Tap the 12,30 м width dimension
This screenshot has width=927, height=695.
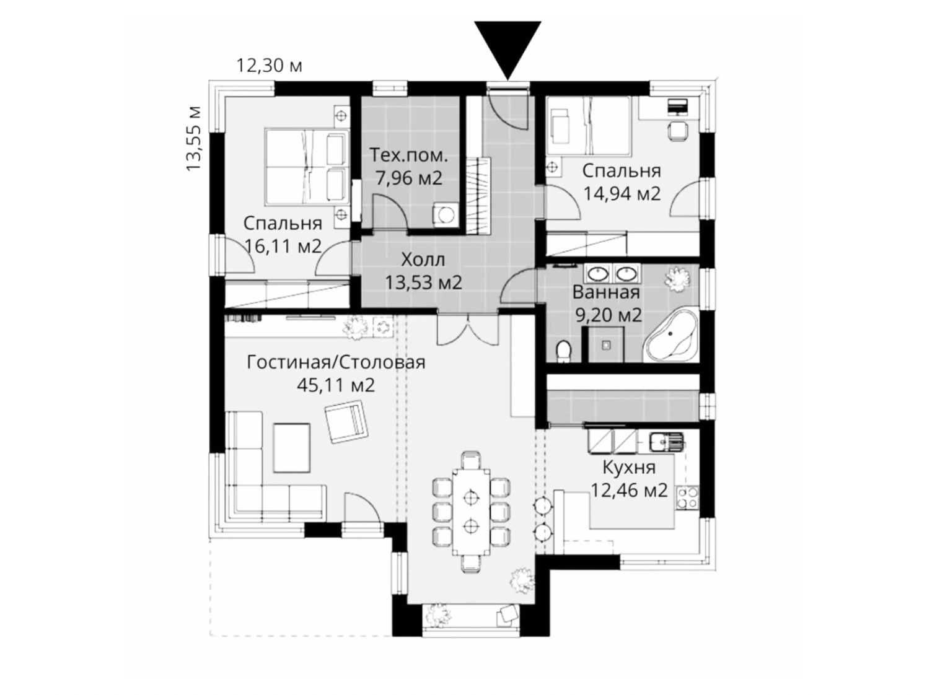click(x=268, y=66)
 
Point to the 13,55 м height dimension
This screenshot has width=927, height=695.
click(x=193, y=138)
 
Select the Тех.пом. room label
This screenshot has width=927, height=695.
click(x=408, y=155)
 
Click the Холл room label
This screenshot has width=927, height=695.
click(x=423, y=260)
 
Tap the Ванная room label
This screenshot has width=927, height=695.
click(x=606, y=292)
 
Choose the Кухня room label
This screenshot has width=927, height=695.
click(x=629, y=468)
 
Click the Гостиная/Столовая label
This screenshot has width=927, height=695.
click(x=336, y=362)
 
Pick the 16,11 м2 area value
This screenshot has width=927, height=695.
click(x=283, y=245)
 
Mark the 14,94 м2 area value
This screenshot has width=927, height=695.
click(x=622, y=193)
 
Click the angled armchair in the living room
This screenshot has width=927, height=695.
click(x=346, y=422)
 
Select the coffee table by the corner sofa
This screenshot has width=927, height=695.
click(x=291, y=448)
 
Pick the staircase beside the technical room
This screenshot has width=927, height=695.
click(x=478, y=195)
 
